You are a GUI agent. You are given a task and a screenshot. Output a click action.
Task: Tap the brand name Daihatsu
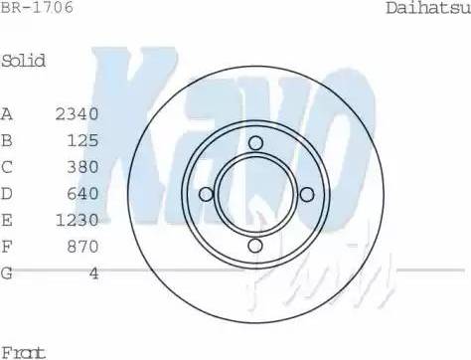coord(427,9)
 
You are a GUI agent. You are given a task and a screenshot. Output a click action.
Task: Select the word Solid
coord(24,61)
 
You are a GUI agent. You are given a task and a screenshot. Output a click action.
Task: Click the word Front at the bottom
coord(24,351)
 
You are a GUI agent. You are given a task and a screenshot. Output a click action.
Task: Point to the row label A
coord(7,114)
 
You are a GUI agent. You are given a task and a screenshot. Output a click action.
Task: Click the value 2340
coord(77,114)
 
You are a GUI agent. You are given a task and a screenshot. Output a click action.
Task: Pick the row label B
coord(7,140)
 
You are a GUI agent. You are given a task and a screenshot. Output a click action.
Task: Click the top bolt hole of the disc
coord(255,143)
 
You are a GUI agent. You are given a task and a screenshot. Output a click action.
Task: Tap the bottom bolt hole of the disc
coord(255,245)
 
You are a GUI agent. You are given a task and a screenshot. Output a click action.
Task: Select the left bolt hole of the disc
coord(206,194)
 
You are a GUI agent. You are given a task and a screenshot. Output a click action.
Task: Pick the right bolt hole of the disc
coord(305,194)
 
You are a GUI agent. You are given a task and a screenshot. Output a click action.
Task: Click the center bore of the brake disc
coord(255,194)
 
